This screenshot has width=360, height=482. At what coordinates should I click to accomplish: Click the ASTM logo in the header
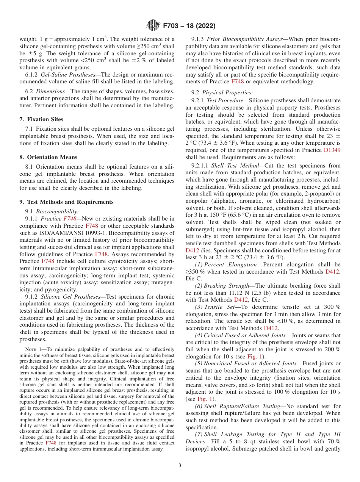(x=153, y=26)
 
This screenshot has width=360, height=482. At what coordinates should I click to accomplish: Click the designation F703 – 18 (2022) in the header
(x=189, y=26)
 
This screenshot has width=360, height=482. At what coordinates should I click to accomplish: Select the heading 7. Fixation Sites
(x=41, y=119)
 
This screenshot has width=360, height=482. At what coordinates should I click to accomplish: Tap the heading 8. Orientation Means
(x=48, y=157)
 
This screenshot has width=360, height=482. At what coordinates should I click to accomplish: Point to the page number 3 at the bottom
(x=180, y=465)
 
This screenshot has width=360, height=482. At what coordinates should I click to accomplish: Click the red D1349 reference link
(x=332, y=150)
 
